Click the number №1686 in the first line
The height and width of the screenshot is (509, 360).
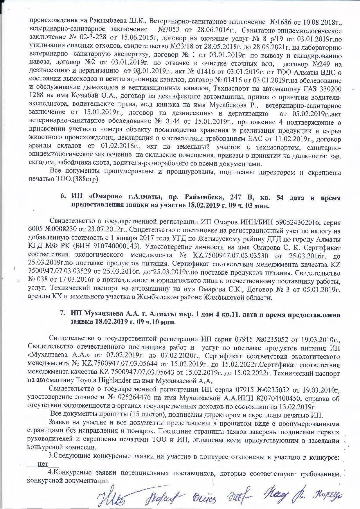click(281, 13)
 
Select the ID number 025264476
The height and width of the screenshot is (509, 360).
click(127, 397)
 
